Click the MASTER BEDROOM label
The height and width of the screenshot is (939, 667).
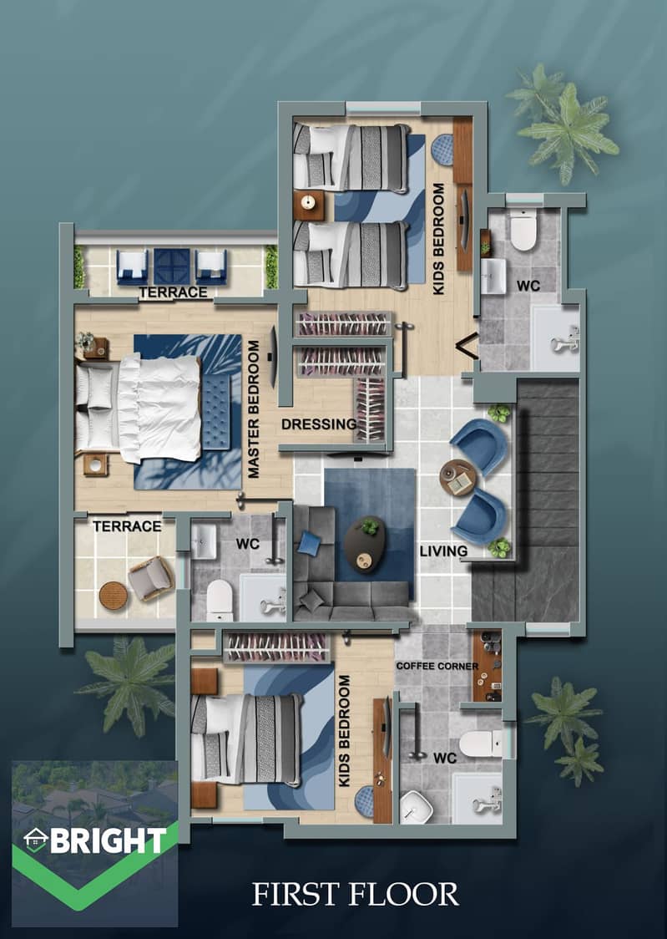point(254,409)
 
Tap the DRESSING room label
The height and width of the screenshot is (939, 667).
point(319,424)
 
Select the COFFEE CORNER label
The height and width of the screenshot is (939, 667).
point(437,666)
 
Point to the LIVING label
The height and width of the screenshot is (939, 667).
point(443,551)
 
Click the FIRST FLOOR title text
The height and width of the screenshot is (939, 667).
point(356,895)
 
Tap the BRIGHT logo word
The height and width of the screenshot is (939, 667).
point(109,840)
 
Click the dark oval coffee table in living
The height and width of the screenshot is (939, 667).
point(364,545)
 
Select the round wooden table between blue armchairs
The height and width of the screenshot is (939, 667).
point(458,478)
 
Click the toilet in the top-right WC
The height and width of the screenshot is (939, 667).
point(523,231)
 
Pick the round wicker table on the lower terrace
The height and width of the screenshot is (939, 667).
point(113,596)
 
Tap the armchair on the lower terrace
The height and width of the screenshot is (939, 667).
point(151,578)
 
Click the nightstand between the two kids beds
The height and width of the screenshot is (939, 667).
point(309,205)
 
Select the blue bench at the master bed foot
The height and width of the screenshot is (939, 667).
point(216,411)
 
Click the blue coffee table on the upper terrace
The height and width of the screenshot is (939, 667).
point(172,266)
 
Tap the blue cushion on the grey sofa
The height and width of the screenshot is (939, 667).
point(309,543)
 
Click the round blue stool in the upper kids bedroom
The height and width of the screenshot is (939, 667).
point(443,149)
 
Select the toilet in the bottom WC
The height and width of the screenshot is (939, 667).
point(481,744)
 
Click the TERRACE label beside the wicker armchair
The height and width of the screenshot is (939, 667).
point(128,526)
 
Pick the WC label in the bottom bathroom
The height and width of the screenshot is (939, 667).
point(444,759)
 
